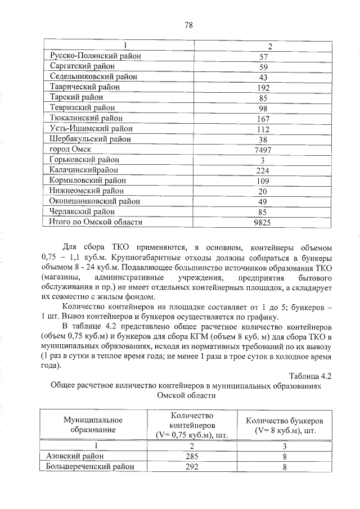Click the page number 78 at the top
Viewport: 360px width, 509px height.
click(188, 25)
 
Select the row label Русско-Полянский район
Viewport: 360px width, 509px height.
click(94, 56)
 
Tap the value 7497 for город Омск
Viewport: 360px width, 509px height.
click(262, 150)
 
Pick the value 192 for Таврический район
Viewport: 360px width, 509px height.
click(262, 88)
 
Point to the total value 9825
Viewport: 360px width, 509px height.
click(262, 223)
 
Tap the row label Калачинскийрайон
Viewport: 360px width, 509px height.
click(84, 170)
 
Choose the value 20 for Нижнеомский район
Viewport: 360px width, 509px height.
click(262, 192)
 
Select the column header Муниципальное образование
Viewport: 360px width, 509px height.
click(93, 425)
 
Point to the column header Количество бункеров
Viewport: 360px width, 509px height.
click(285, 425)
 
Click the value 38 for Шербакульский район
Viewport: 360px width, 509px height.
click(262, 140)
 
